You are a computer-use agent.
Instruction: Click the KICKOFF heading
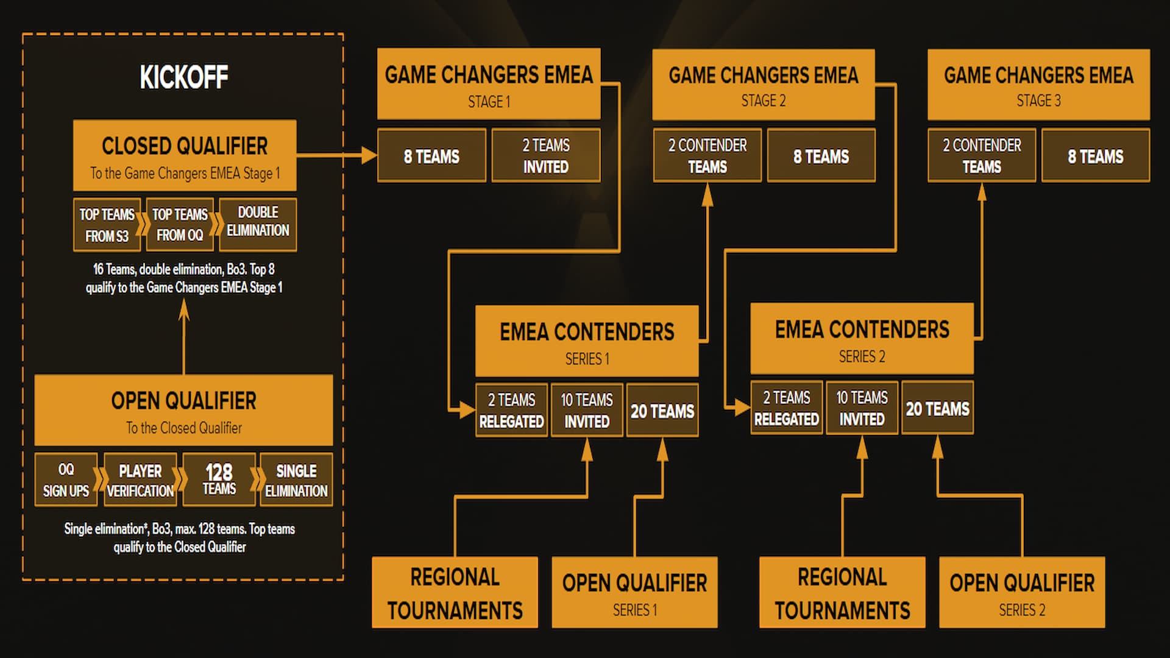tap(183, 77)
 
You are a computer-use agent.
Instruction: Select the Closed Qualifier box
tap(185, 155)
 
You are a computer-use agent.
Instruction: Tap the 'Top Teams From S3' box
tap(107, 225)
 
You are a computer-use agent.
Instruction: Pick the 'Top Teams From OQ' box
tap(180, 225)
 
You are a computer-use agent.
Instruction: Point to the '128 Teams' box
tap(219, 479)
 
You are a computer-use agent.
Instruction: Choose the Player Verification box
tap(140, 480)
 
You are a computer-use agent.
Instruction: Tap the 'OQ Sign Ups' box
tap(66, 480)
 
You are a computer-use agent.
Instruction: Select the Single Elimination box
tap(296, 480)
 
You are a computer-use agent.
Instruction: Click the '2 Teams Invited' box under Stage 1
tap(546, 156)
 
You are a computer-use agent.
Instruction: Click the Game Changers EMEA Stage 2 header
tap(763, 85)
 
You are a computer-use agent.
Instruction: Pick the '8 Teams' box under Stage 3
tap(1095, 156)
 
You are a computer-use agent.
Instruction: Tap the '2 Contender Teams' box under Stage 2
tap(707, 156)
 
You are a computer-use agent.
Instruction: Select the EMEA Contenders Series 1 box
tap(586, 341)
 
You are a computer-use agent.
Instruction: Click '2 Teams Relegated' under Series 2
tap(786, 408)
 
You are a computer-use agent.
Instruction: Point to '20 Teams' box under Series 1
tap(662, 411)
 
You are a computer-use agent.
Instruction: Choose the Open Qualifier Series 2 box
tap(1021, 592)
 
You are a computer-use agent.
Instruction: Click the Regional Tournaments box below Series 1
tap(455, 592)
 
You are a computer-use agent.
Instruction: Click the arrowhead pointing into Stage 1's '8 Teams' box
tap(369, 155)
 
